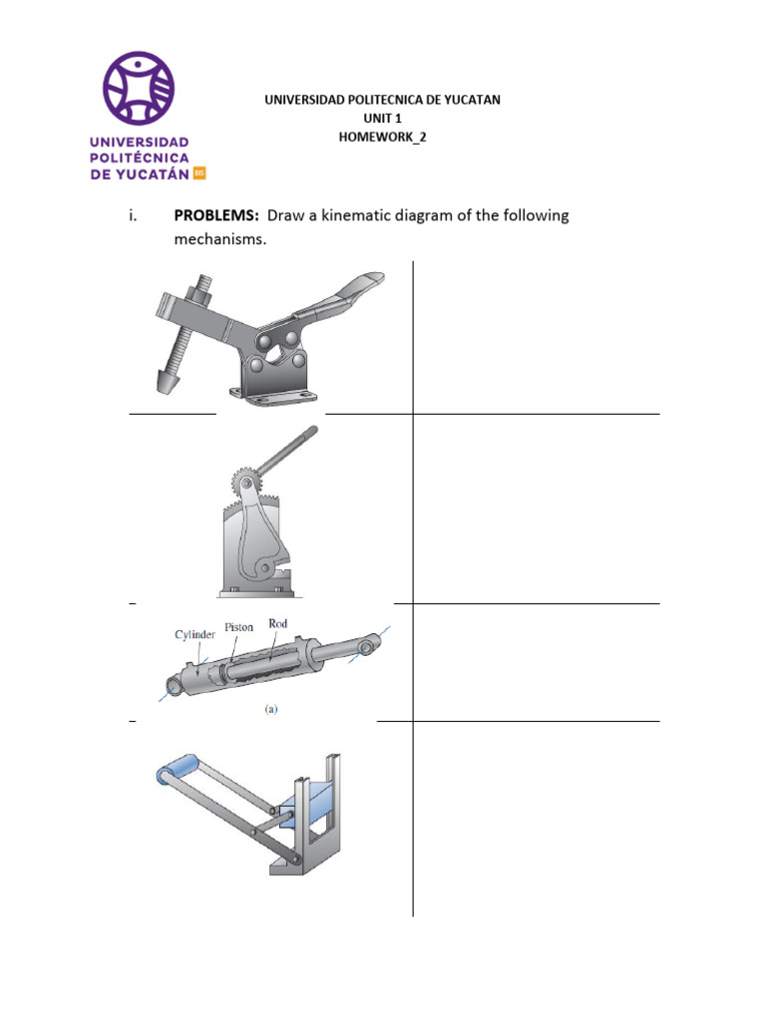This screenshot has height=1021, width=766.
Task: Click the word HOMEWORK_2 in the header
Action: pos(382,138)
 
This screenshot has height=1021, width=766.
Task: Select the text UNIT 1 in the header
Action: pos(382,119)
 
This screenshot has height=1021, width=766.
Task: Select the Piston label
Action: pos(239,627)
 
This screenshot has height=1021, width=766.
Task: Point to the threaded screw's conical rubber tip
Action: pos(165,383)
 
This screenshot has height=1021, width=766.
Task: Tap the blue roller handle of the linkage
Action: pos(177,770)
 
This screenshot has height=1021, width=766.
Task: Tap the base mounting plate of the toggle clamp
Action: pos(269,398)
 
